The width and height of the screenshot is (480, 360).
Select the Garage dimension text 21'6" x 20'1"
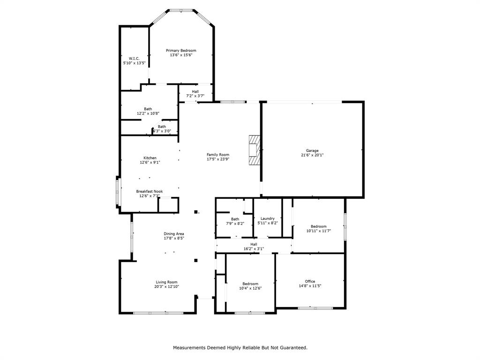(312, 155)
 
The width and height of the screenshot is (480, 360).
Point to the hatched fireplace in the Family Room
(254, 150)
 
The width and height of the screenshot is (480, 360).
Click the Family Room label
(218, 155)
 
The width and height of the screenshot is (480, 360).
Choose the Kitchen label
(150, 158)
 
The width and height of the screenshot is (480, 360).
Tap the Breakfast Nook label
(150, 191)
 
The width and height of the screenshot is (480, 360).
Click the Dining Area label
(173, 234)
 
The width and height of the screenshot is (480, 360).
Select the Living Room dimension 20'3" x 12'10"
(167, 286)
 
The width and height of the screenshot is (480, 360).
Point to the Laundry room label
(267, 218)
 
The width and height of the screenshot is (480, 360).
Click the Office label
(310, 281)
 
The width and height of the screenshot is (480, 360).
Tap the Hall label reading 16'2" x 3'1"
(254, 244)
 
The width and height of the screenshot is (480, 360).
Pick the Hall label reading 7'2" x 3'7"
(195, 91)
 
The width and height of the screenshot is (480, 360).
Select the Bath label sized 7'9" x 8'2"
(235, 219)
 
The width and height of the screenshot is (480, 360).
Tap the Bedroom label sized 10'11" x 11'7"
(319, 226)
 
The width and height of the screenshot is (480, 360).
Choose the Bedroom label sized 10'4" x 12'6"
(250, 284)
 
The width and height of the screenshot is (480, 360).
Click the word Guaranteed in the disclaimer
(292, 348)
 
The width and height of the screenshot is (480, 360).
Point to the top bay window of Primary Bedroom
(181, 10)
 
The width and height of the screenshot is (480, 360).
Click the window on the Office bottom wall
(315, 308)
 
